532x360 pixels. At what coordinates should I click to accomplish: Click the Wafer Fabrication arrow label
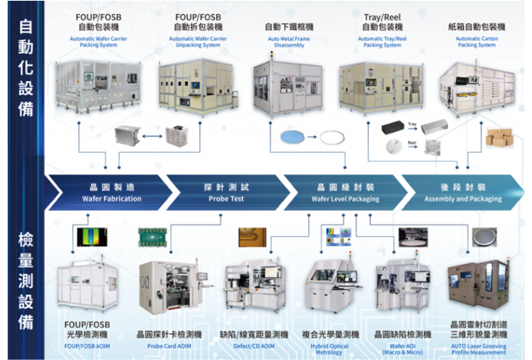pyautogui.click(x=112, y=193)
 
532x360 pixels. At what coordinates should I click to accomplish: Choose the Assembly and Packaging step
pyautogui.click(x=463, y=193)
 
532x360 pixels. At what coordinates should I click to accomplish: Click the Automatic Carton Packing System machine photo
pyautogui.click(x=476, y=86)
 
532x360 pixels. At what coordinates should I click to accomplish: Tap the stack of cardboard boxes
pyautogui.click(x=500, y=138)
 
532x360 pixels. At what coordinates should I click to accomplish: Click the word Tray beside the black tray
pyautogui.click(x=412, y=123)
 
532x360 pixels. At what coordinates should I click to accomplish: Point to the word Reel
pyautogui.click(x=412, y=142)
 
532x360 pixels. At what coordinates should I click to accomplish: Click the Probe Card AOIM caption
pyautogui.click(x=169, y=346)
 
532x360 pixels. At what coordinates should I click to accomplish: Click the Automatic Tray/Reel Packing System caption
pyautogui.click(x=382, y=41)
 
